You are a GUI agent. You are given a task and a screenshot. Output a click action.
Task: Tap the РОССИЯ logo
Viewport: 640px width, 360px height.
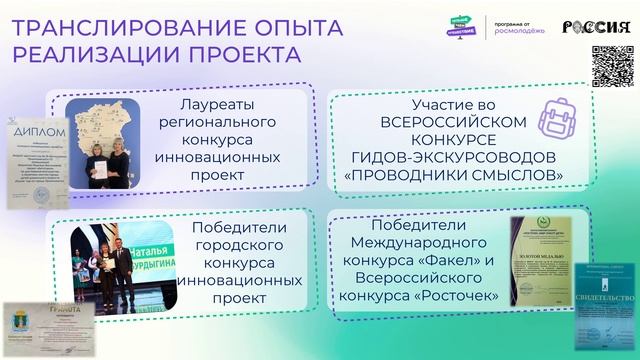click(x=597, y=27)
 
